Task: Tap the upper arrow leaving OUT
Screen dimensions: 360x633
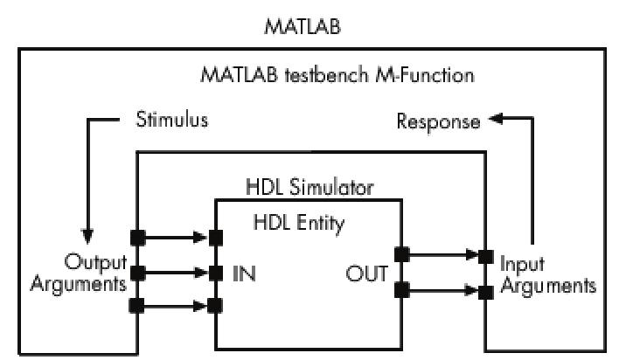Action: tap(441, 255)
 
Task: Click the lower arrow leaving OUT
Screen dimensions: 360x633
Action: tap(441, 288)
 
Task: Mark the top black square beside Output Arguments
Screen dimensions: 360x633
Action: tap(137, 237)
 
